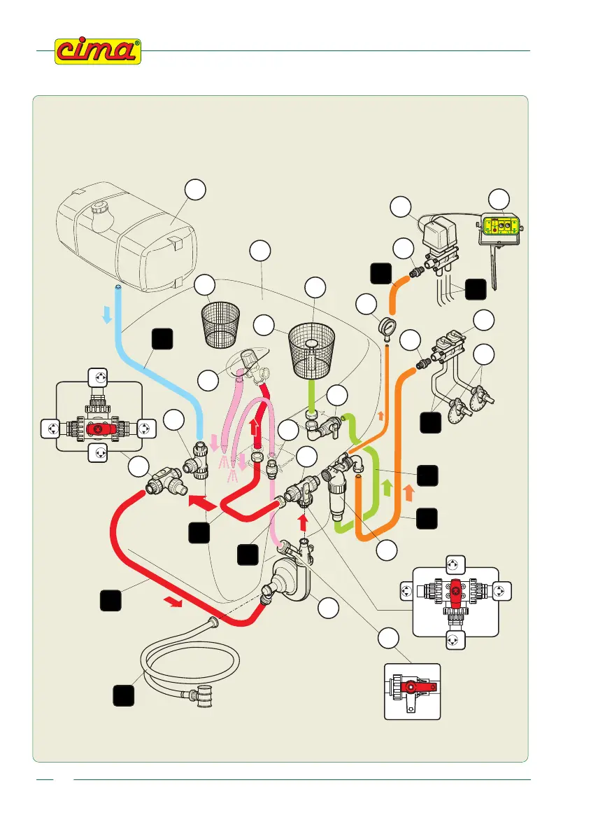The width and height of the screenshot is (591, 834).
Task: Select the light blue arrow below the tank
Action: coord(107,317)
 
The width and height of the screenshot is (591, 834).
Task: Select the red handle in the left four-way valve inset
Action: coord(97,426)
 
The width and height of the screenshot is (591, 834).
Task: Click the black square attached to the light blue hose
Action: coord(161,340)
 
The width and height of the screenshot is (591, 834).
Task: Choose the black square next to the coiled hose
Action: coord(124,697)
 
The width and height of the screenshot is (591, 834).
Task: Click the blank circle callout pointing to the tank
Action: coord(196,189)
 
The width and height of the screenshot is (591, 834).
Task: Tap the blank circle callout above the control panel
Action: coord(499,198)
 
